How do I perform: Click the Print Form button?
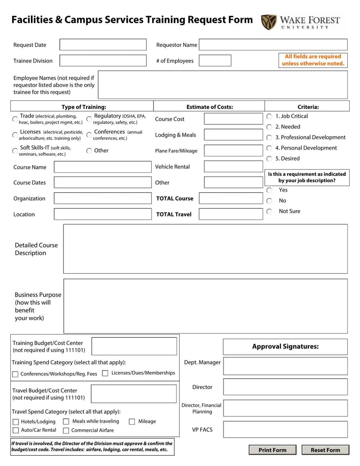(272, 450)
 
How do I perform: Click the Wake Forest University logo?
(301, 21)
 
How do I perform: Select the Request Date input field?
(103, 45)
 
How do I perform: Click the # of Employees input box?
(215, 61)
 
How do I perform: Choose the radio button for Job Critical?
(269, 116)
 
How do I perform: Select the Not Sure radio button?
(269, 211)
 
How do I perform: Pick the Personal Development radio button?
(269, 148)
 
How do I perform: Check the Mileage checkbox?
(132, 422)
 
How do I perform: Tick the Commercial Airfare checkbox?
(66, 430)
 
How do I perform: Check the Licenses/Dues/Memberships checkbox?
(105, 373)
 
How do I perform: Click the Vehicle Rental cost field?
(233, 167)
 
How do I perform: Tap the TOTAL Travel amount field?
(230, 214)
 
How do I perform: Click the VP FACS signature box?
(285, 430)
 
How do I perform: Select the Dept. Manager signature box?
(285, 366)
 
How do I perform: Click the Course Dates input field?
(103, 182)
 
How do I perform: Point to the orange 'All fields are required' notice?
(313, 60)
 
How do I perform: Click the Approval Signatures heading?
(285, 347)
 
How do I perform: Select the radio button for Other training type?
(89, 151)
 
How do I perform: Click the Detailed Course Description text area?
(205, 249)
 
